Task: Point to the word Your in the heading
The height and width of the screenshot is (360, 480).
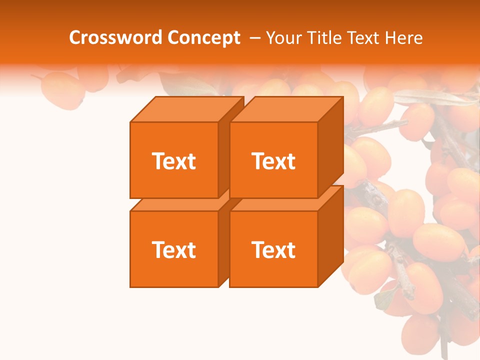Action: point(284,38)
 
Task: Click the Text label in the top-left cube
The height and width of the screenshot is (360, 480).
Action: point(173,161)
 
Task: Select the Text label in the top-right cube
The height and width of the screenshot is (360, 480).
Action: point(273,161)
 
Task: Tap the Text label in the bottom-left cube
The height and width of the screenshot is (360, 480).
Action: point(173,249)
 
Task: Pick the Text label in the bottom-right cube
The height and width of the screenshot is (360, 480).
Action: point(273,249)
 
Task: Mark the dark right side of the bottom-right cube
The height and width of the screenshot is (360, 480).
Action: point(330,237)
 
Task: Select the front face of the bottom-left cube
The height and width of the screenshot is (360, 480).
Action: point(173,270)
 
